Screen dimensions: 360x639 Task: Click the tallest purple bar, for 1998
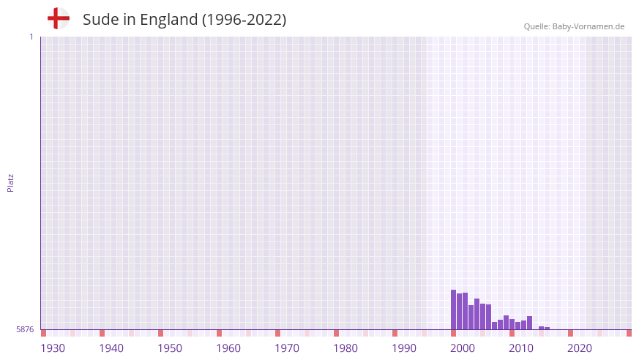pos(453,310)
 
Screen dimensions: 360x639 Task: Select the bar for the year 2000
pos(465,311)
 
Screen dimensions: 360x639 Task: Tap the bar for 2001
pos(471,317)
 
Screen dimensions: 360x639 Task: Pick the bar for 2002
pos(477,314)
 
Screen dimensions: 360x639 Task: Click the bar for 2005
pos(494,326)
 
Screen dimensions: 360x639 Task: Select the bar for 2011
pos(529,323)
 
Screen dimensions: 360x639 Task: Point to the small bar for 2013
pos(541,328)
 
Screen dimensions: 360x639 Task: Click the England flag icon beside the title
pos(59,18)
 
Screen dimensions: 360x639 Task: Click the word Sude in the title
pos(99,20)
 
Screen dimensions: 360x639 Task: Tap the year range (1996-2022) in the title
pos(244,20)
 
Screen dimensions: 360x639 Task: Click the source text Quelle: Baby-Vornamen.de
pos(574,26)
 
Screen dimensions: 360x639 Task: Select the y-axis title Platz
pos(10,182)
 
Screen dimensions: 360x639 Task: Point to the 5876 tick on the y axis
pos(25,329)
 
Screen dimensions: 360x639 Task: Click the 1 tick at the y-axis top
pos(31,37)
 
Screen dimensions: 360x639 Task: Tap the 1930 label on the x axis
pos(53,348)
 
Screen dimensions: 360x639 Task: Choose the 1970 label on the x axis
pos(287,348)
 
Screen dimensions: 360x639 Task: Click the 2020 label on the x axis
pos(580,348)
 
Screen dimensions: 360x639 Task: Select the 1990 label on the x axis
pos(404,348)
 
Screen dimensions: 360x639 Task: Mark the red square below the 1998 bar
pos(453,333)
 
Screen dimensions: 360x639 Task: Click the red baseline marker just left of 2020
pos(570,333)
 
